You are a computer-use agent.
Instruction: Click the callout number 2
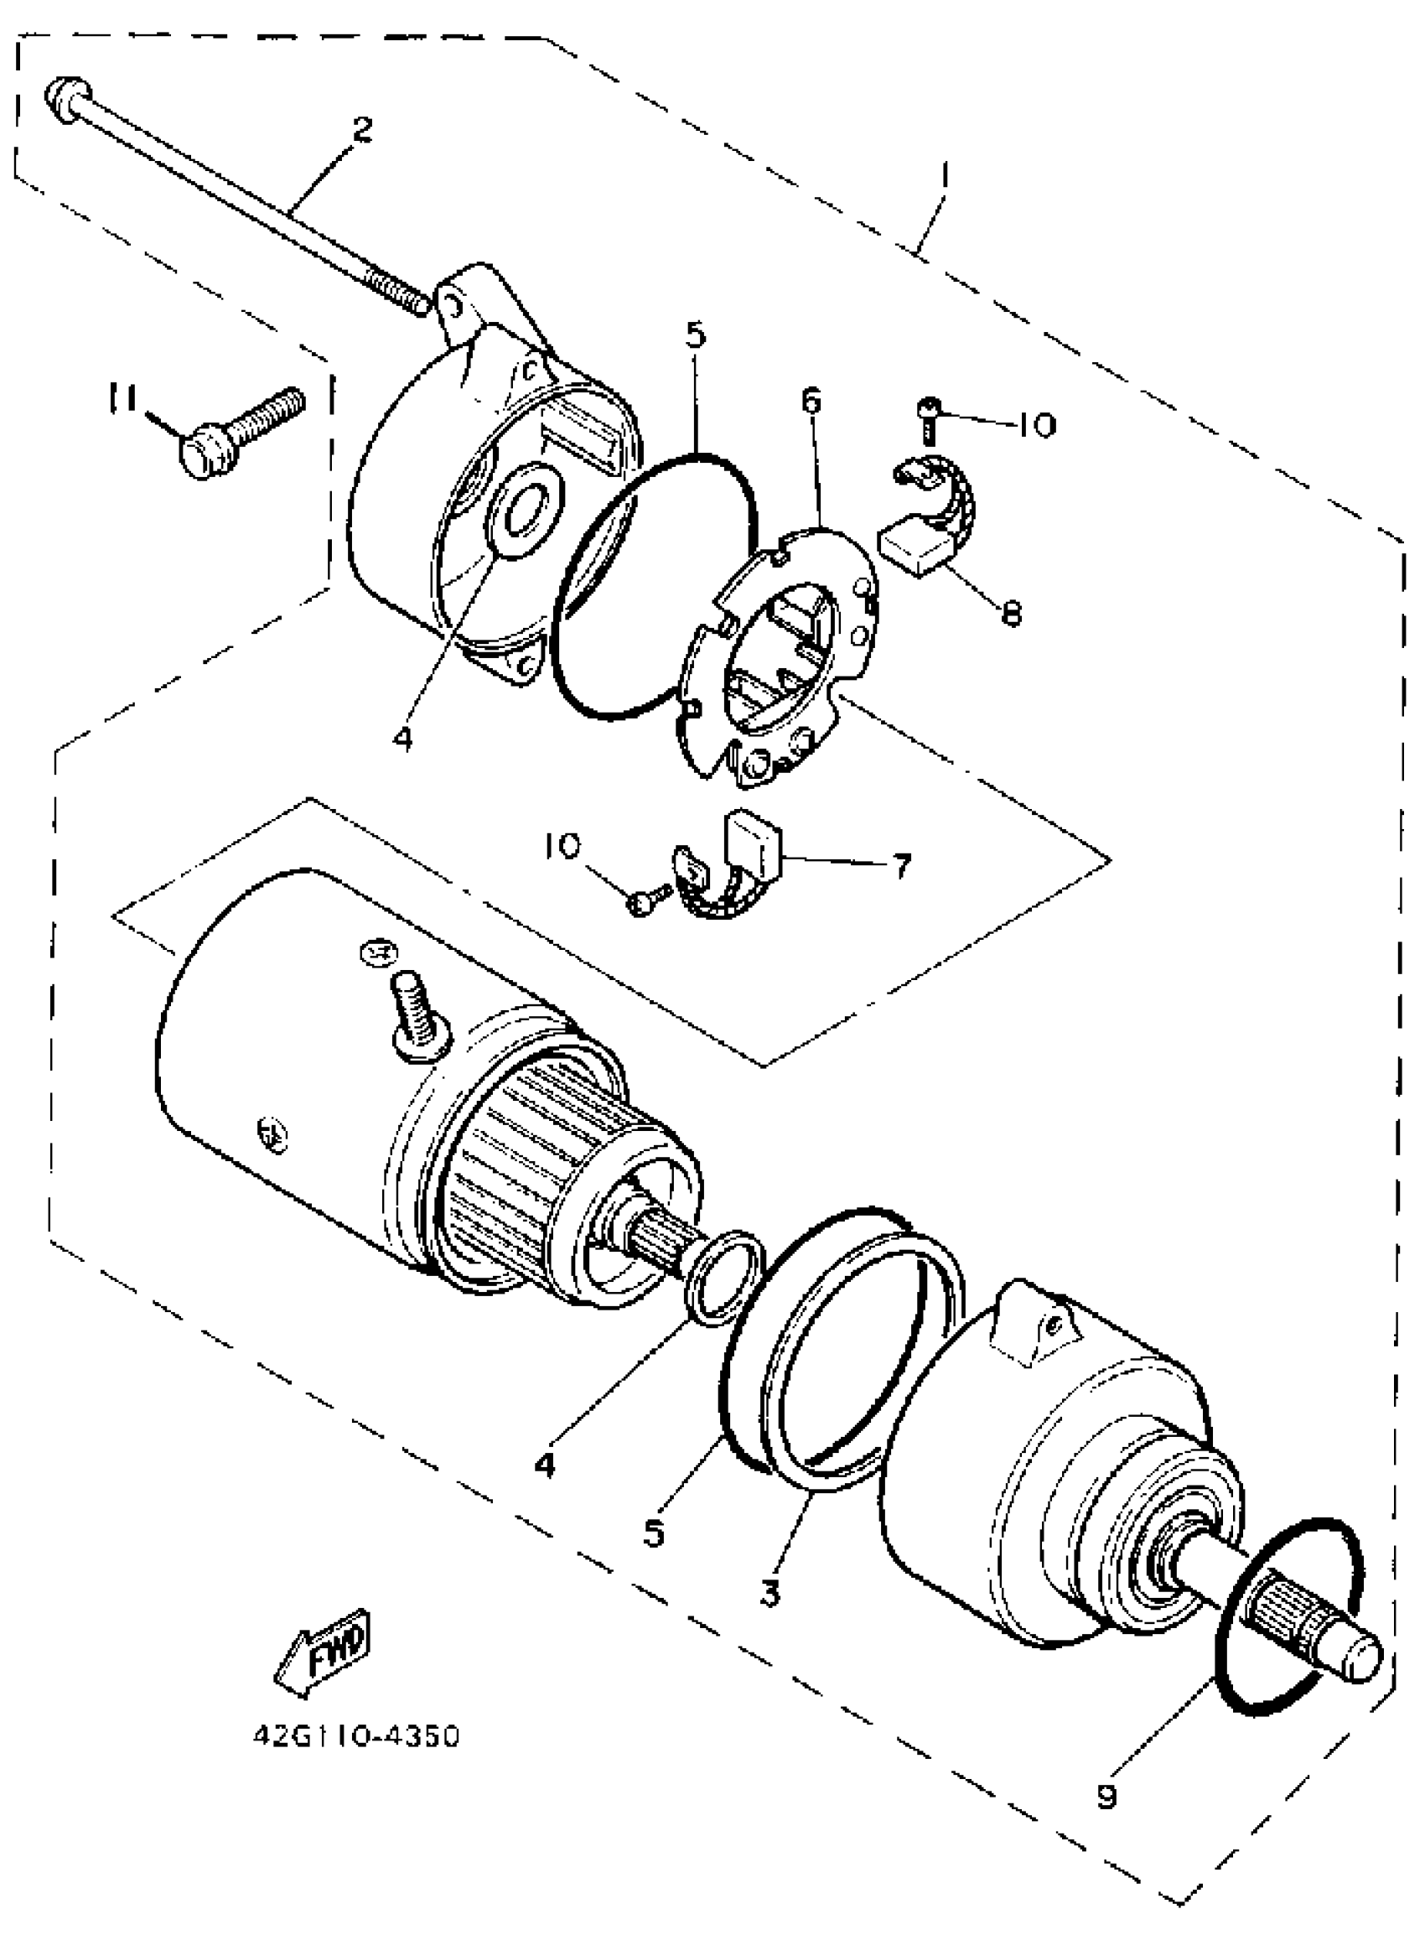[x=362, y=130]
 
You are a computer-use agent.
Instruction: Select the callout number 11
[x=122, y=398]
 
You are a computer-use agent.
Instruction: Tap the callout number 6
[x=811, y=400]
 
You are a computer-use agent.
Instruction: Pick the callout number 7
[x=900, y=865]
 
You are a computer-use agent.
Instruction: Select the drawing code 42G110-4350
[x=356, y=1735]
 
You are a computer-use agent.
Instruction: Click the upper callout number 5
[x=696, y=335]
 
